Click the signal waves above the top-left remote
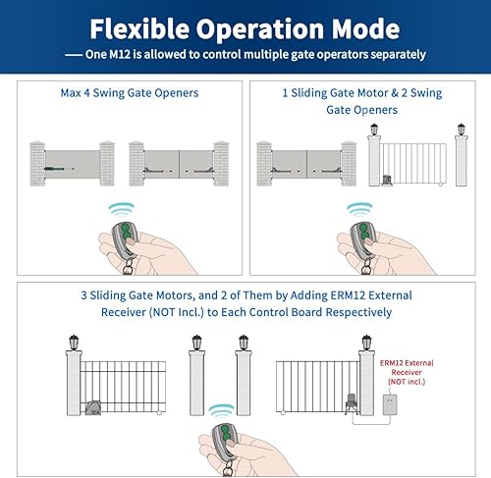[x=122, y=208]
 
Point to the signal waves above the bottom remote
[x=234, y=413]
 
